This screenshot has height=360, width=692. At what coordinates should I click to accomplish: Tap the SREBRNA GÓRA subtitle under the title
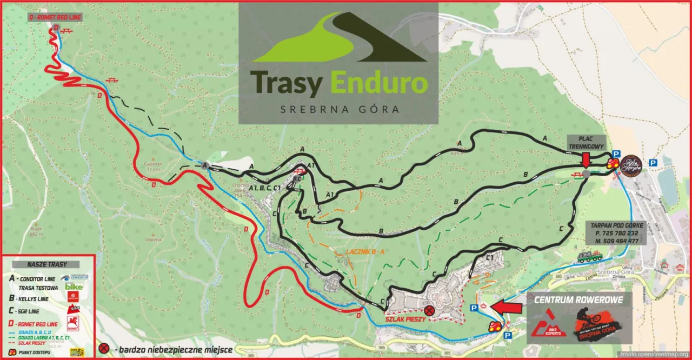tap(340, 109)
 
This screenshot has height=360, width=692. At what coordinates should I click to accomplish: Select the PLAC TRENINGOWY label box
tap(587, 142)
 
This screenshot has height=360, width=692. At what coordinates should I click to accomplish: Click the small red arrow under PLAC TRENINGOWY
tap(586, 160)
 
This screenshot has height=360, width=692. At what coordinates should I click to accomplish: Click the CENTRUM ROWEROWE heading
tap(578, 300)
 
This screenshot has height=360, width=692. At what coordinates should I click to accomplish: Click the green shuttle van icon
tap(588, 256)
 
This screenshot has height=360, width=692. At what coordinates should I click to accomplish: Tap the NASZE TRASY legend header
tap(47, 264)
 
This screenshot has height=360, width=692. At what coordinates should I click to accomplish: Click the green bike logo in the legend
tap(74, 286)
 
